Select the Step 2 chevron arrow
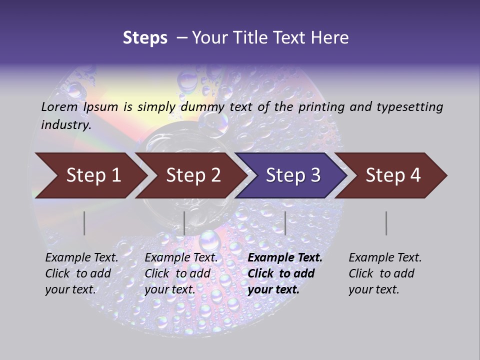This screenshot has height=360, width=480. pyautogui.click(x=192, y=175)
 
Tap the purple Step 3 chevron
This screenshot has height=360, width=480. pyautogui.click(x=292, y=175)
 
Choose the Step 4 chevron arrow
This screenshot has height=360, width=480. pyautogui.click(x=392, y=175)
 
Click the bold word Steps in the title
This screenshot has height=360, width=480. pyautogui.click(x=145, y=37)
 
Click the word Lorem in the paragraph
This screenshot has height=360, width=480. pyautogui.click(x=59, y=106)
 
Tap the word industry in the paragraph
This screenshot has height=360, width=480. pyautogui.click(x=65, y=124)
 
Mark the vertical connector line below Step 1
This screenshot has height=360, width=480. pyautogui.click(x=84, y=223)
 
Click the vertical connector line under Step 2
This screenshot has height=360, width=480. pyautogui.click(x=184, y=223)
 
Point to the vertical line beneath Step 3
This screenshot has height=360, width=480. pyautogui.click(x=285, y=223)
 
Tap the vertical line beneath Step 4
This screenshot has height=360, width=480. pyautogui.click(x=386, y=223)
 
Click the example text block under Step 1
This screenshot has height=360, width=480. pyautogui.click(x=81, y=273)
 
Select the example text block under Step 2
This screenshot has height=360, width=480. pyautogui.click(x=180, y=273)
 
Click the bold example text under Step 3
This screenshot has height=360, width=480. pyautogui.click(x=284, y=273)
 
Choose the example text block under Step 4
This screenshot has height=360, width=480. pyautogui.click(x=384, y=273)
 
